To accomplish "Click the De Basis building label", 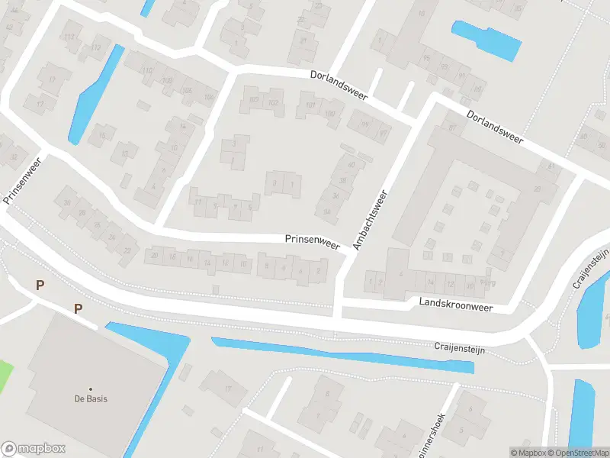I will [90, 398].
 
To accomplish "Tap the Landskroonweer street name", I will [456, 303].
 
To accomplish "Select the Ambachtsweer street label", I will [371, 219].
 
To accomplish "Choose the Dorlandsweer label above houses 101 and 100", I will [339, 85].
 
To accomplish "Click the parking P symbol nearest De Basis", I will [77, 308].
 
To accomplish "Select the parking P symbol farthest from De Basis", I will [40, 285].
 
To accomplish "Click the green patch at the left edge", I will [6, 373].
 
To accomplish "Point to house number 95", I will [426, 58].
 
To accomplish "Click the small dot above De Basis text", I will [90, 389].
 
